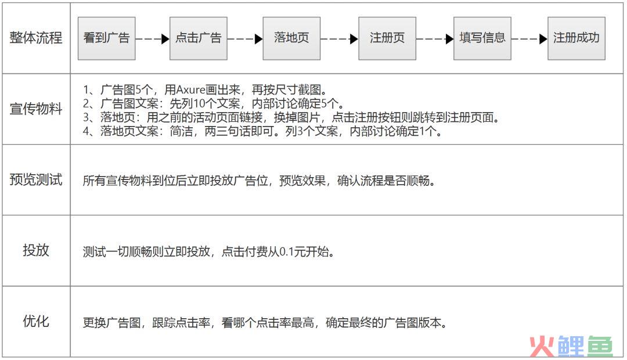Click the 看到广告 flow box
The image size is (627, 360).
[106, 38]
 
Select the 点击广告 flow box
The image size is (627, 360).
[199, 38]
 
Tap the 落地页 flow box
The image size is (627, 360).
[291, 38]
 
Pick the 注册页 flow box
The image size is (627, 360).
[387, 38]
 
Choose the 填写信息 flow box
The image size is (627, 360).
[482, 38]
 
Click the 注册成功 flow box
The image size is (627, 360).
[576, 38]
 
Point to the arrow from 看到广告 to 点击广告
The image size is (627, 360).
[152, 39]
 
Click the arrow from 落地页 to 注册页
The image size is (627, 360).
[340, 39]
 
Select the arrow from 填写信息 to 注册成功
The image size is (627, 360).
[529, 39]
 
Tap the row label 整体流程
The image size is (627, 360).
[36, 38]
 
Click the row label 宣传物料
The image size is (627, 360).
[36, 109]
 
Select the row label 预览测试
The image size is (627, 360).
[36, 179]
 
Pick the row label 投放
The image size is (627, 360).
[36, 250]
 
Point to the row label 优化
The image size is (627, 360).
[36, 321]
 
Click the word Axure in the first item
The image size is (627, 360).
[191, 89]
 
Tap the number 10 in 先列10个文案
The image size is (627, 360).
[199, 103]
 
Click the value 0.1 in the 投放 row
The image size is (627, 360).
[287, 251]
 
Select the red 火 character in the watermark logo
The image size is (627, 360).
[542, 346]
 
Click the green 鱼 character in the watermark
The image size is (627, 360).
[599, 346]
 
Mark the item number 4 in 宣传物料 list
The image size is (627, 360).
[86, 131]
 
